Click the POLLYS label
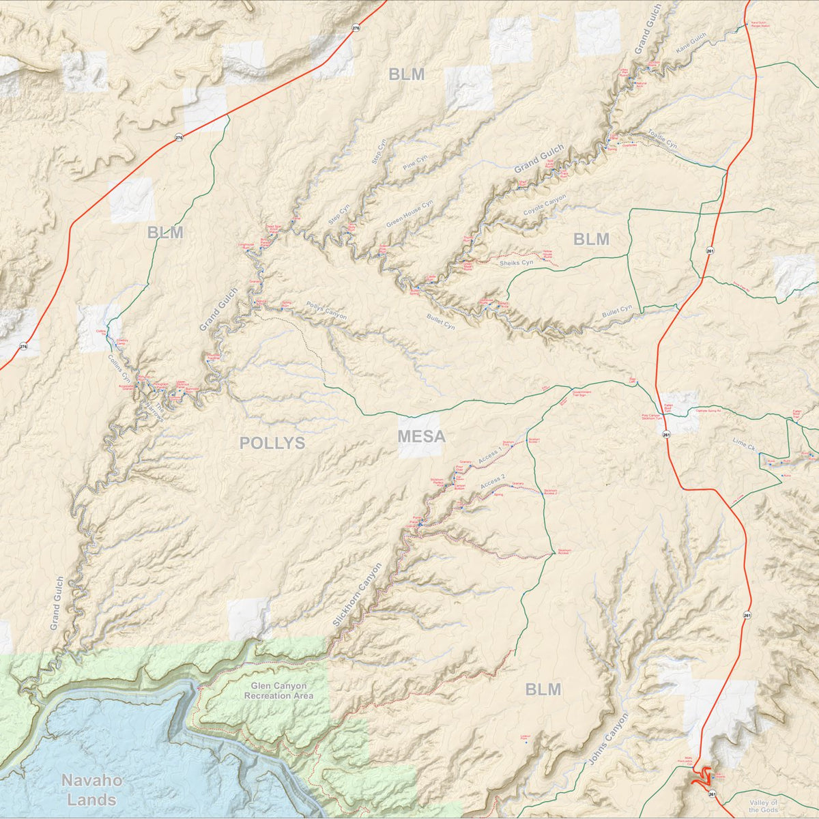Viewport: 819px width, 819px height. point(272,443)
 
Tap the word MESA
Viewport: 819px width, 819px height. point(421,436)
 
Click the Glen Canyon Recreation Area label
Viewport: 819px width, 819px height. point(279,691)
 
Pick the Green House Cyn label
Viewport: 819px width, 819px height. point(409,214)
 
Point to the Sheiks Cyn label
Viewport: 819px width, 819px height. point(516,262)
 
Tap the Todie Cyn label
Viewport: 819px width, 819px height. point(661,139)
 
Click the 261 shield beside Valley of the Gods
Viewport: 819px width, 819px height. point(712,794)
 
